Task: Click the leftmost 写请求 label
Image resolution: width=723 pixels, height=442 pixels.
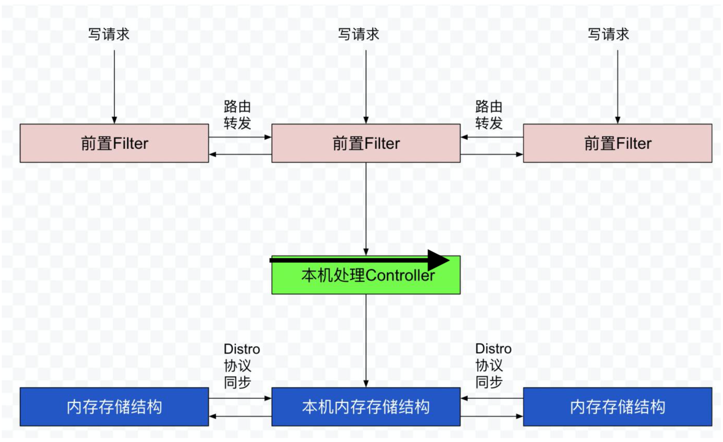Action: coord(108,34)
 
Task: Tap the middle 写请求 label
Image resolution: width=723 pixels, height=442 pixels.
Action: coord(358,34)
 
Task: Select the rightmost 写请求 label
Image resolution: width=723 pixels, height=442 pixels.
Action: coord(608,34)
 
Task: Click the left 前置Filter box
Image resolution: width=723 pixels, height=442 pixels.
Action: coord(114,143)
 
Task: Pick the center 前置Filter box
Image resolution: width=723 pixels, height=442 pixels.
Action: coord(366,143)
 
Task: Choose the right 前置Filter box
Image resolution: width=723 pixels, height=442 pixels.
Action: coord(617,143)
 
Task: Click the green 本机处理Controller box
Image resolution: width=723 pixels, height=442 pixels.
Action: coord(366,281)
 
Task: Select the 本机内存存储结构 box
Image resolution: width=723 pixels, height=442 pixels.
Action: coord(366,407)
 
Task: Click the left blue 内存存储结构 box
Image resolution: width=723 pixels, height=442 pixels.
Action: coord(114,407)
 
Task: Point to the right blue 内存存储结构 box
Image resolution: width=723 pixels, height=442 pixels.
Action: coord(617,407)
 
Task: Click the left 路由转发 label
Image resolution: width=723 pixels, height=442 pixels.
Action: coord(237,115)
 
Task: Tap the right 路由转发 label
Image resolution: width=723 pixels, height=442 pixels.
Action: coord(489,115)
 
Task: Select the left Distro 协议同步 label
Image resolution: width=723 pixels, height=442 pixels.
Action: coord(241,365)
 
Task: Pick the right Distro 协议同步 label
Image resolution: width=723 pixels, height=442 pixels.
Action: coord(493,365)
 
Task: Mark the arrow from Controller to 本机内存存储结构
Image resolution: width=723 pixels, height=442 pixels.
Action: coord(366,340)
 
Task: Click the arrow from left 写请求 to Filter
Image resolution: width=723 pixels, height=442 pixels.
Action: coord(115,86)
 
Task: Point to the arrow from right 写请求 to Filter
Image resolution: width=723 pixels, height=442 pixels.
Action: coord(618,86)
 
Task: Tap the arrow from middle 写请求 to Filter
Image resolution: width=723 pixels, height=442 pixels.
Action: coord(366,86)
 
